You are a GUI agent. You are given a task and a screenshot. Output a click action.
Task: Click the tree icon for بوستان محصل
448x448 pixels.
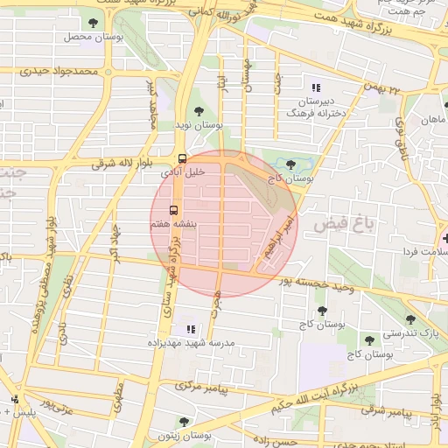[94, 23]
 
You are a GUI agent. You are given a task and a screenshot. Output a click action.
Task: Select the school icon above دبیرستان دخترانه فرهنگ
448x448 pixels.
[316, 87]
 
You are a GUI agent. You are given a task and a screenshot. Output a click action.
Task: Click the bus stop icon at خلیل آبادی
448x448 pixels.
[182, 158]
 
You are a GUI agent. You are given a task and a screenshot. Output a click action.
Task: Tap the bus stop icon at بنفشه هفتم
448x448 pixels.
[172, 210]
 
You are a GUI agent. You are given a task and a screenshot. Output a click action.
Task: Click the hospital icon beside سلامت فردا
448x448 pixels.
[446, 237]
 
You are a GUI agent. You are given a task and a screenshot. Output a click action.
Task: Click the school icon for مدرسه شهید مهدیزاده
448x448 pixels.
[191, 329]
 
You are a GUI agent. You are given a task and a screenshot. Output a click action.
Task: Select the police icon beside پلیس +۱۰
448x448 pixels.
[14, 399]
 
